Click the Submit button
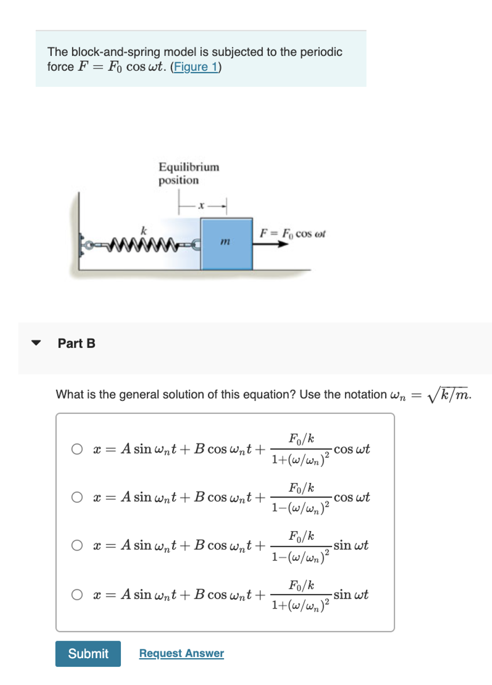point(88,653)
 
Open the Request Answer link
point(181,653)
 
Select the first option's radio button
point(77,449)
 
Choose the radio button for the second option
point(77,497)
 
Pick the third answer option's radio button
point(77,546)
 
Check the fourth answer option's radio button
point(77,595)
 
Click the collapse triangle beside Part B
point(36,343)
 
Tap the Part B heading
point(76,344)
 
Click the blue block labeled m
point(226,244)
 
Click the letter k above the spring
point(144,231)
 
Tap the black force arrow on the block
point(271,244)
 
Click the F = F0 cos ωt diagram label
point(293,233)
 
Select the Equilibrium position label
point(189,173)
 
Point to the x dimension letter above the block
point(202,206)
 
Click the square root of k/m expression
point(448,395)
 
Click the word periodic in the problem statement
point(322,52)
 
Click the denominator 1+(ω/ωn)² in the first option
point(300,459)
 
